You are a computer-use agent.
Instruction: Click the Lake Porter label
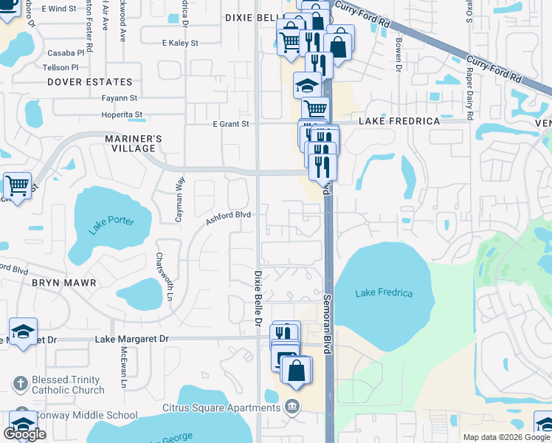111,225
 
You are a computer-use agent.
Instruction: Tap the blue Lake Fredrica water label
384,293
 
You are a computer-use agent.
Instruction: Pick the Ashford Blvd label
228,216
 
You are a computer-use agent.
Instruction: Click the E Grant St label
231,124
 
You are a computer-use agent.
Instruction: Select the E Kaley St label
180,44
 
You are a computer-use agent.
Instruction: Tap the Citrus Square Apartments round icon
293,408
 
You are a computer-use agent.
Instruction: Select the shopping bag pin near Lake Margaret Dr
296,371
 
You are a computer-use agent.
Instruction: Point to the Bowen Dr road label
398,55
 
